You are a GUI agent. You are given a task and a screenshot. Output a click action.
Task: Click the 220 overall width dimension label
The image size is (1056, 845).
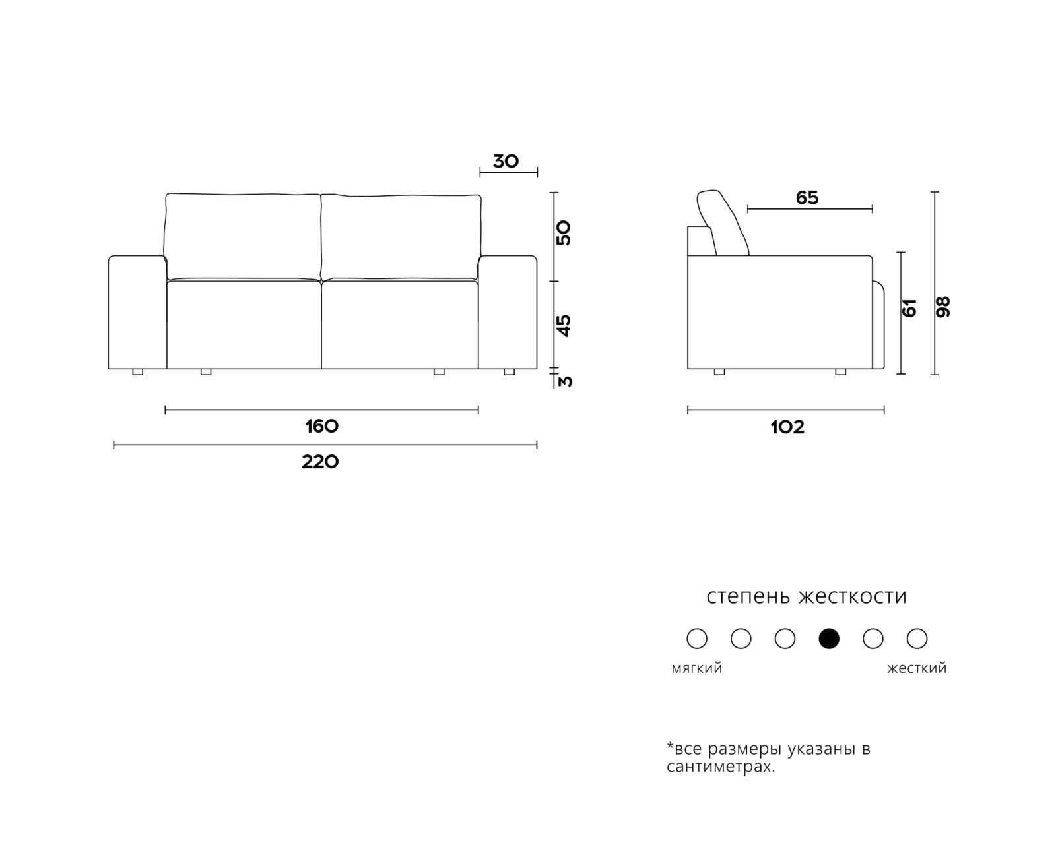point(320,462)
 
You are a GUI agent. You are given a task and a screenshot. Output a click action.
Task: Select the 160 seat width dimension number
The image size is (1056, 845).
point(322,426)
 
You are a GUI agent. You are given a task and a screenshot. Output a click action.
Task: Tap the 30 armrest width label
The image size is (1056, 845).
point(506,161)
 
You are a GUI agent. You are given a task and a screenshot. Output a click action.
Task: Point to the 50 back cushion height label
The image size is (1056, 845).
point(564,233)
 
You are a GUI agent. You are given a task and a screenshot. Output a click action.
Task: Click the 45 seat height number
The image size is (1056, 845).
point(565,326)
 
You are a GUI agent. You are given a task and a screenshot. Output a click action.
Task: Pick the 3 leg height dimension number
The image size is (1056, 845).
point(566,381)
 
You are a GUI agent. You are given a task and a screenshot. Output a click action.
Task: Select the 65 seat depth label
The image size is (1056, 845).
point(807,198)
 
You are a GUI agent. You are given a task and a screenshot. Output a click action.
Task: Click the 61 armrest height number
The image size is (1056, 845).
point(909,307)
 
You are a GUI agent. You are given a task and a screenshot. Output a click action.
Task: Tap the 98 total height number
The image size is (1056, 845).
point(943,307)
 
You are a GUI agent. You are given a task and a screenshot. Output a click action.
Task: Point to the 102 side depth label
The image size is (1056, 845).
point(787,427)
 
